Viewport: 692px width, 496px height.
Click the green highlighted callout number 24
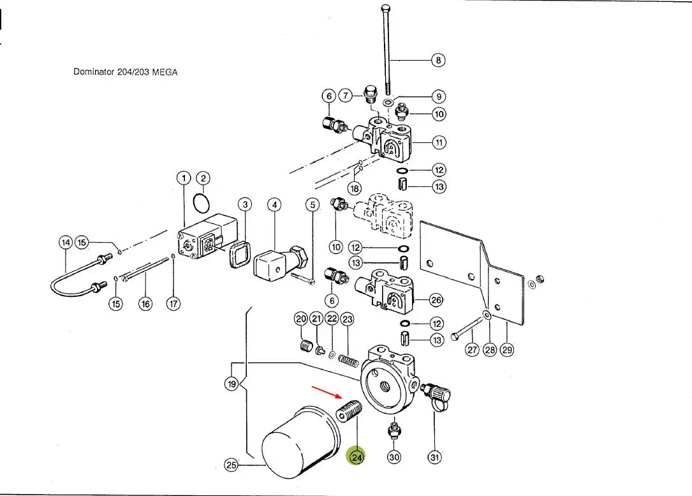356,457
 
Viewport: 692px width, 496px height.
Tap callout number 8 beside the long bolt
438,60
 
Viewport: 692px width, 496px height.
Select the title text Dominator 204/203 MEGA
126,72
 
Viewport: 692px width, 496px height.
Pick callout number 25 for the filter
232,465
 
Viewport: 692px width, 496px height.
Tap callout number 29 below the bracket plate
507,349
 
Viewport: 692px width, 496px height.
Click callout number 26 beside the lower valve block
436,299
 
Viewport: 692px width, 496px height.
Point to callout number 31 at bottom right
435,457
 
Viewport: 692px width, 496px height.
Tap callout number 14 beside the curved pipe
64,243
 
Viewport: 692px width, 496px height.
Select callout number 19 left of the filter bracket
232,384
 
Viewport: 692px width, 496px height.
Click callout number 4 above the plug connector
274,205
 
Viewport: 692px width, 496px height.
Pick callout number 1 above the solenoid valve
184,178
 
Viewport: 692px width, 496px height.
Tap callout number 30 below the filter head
395,457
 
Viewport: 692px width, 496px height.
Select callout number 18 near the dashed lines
355,188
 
